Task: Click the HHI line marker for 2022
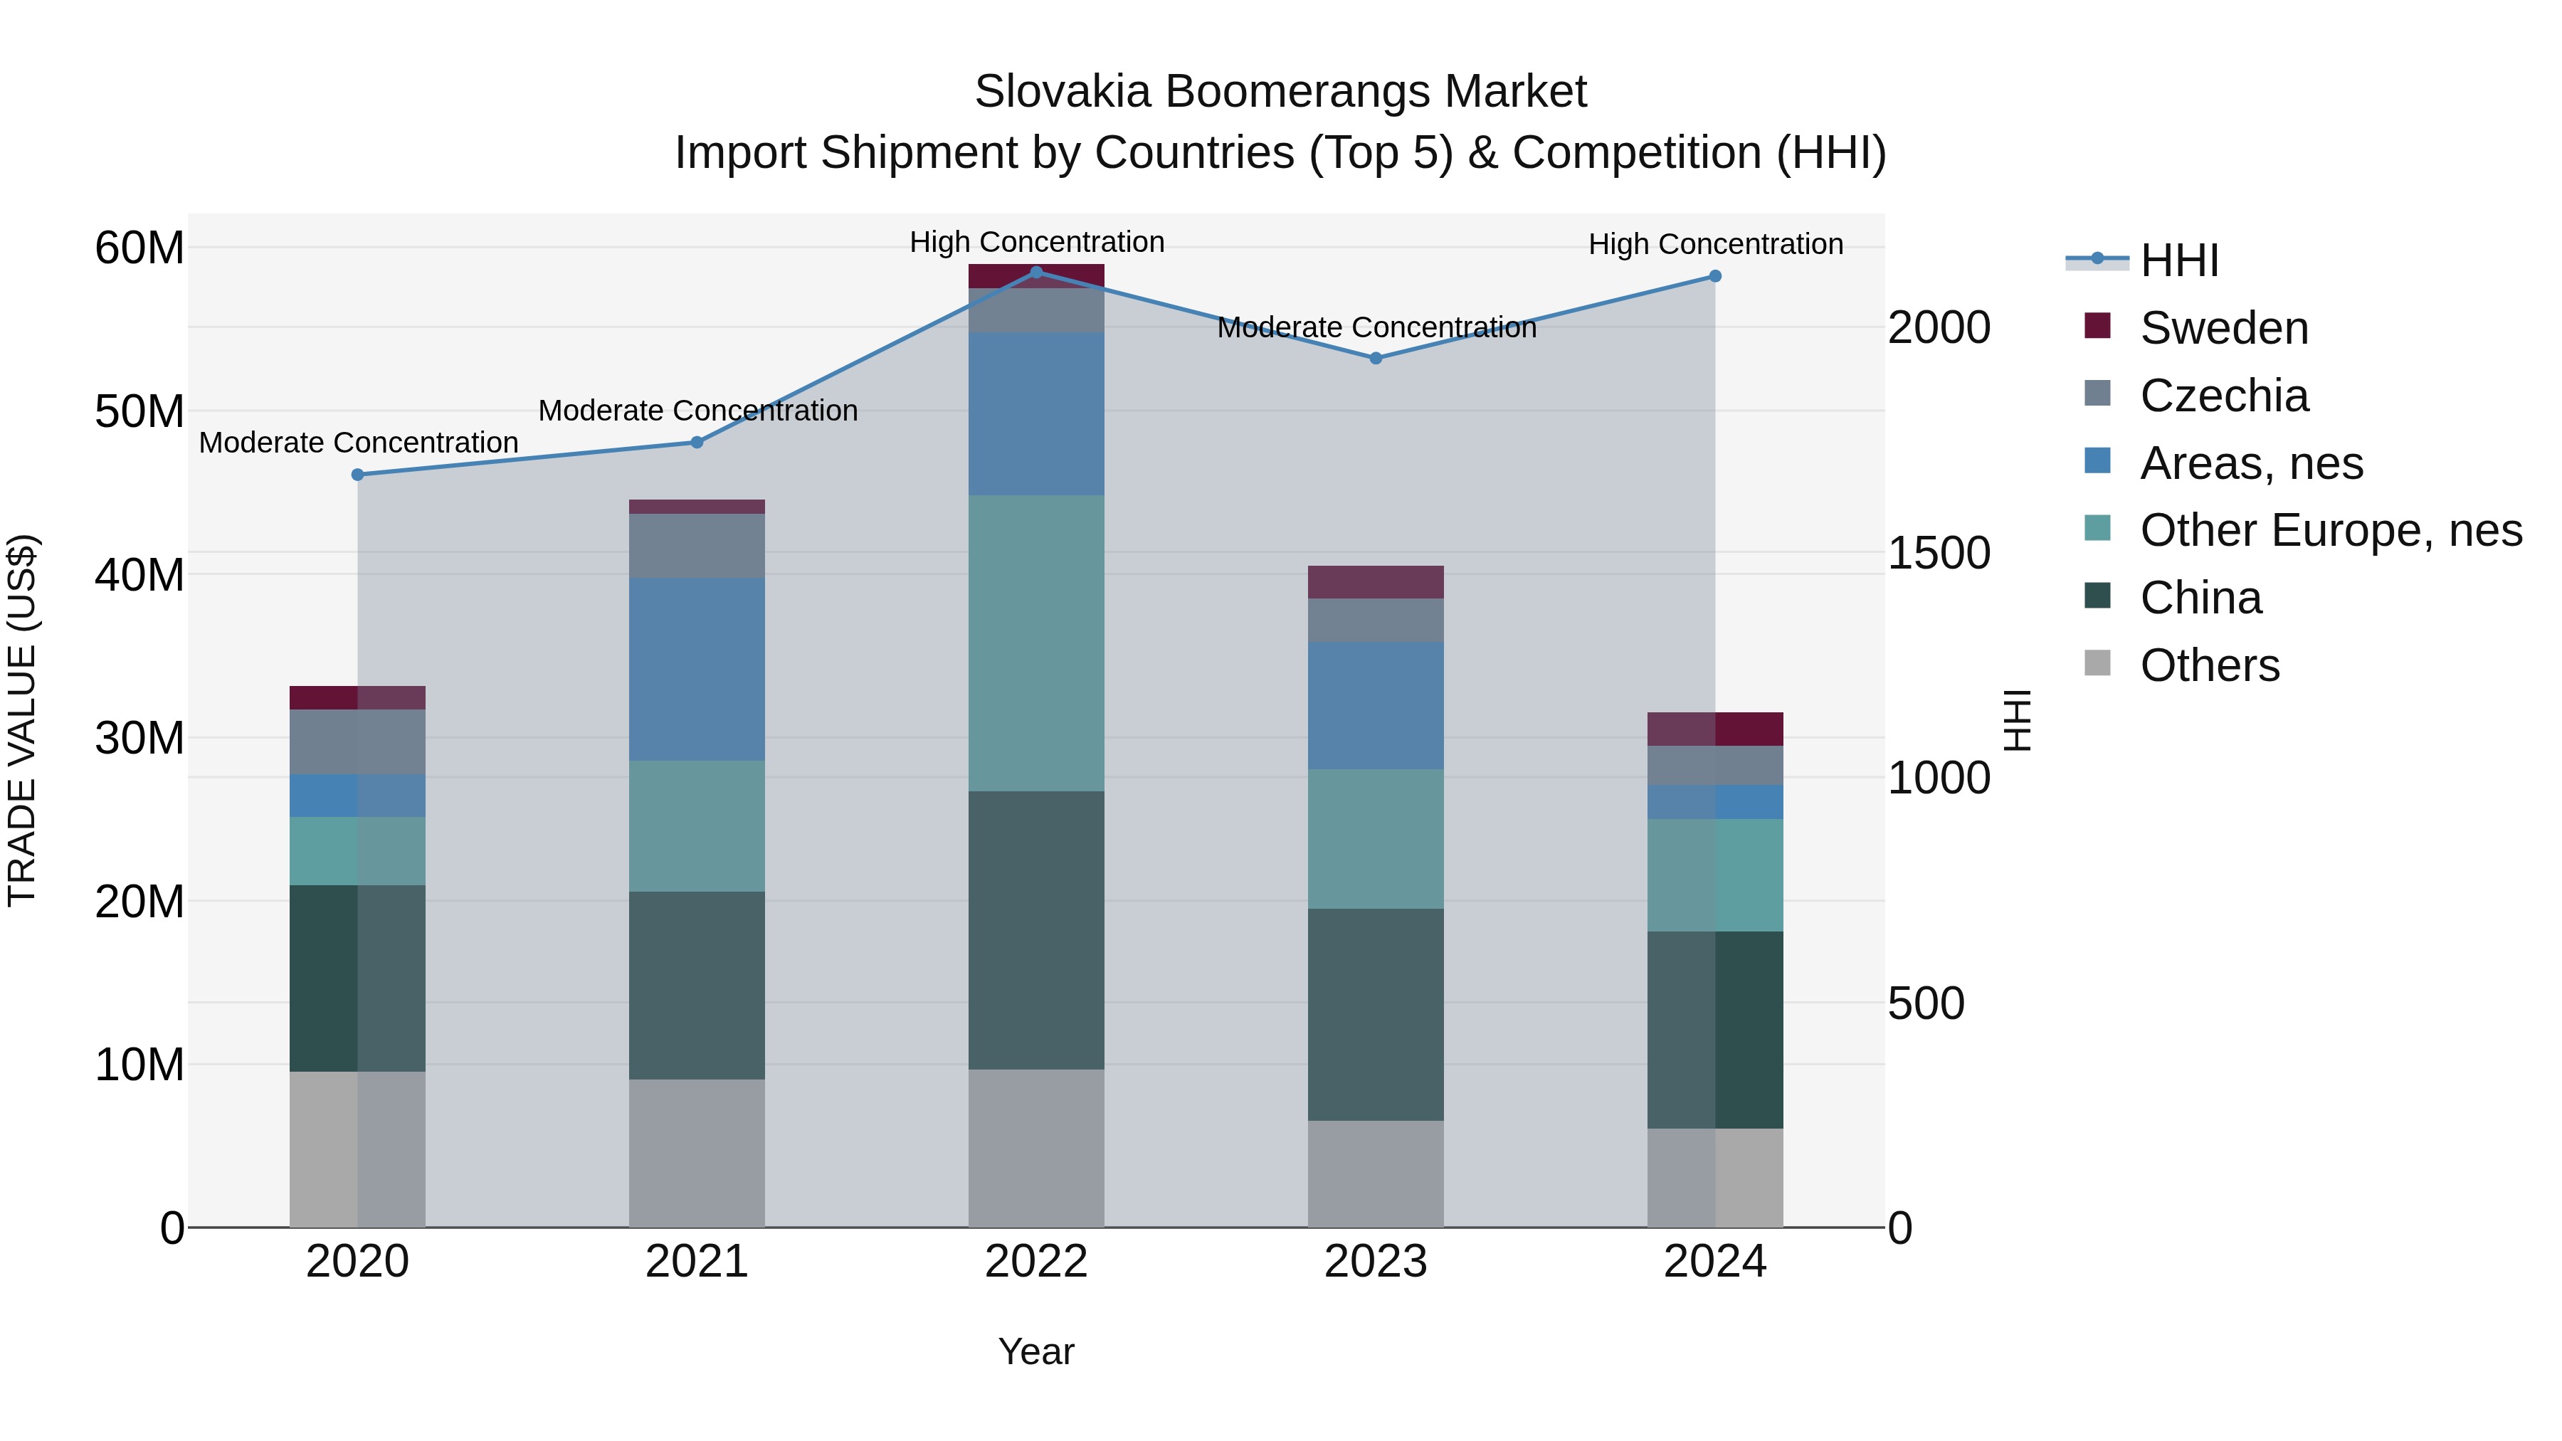pyautogui.click(x=1035, y=273)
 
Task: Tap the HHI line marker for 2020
pyautogui.click(x=358, y=475)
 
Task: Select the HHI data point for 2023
pyautogui.click(x=1376, y=358)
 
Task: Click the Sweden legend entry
pyautogui.click(x=2223, y=328)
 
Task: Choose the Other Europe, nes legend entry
pyautogui.click(x=2329, y=530)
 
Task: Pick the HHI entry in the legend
pyautogui.click(x=2178, y=260)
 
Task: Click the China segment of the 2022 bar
pyautogui.click(x=1035, y=930)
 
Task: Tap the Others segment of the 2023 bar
pyautogui.click(x=1376, y=1173)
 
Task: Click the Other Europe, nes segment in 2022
pyautogui.click(x=1035, y=643)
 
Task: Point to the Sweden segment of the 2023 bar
pyautogui.click(x=1376, y=582)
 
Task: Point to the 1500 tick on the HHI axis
pyautogui.click(x=1939, y=553)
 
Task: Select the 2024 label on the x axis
pyautogui.click(x=1714, y=1262)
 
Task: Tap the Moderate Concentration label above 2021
pyautogui.click(x=697, y=411)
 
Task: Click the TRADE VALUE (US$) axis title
pyautogui.click(x=22, y=720)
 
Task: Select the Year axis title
pyautogui.click(x=1035, y=1351)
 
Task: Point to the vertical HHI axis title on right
pyautogui.click(x=2016, y=720)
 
